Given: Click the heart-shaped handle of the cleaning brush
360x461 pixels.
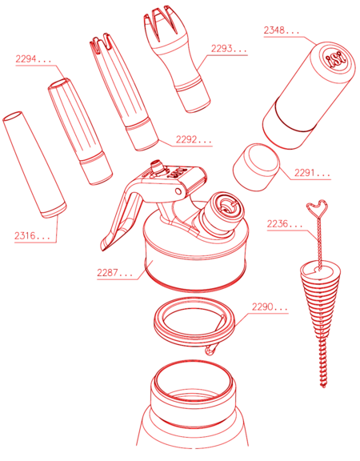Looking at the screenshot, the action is tap(318, 208).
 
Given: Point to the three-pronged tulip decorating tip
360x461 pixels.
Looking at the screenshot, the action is tap(176, 58).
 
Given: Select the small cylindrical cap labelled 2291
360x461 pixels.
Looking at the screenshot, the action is tap(256, 167).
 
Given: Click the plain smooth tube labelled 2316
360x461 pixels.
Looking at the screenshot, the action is tap(34, 165).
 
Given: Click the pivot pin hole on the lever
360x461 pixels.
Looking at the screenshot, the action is tap(178, 191).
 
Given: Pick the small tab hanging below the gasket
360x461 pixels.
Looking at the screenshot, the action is tap(211, 349).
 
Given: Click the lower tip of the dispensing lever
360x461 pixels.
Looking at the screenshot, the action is tap(103, 247).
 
